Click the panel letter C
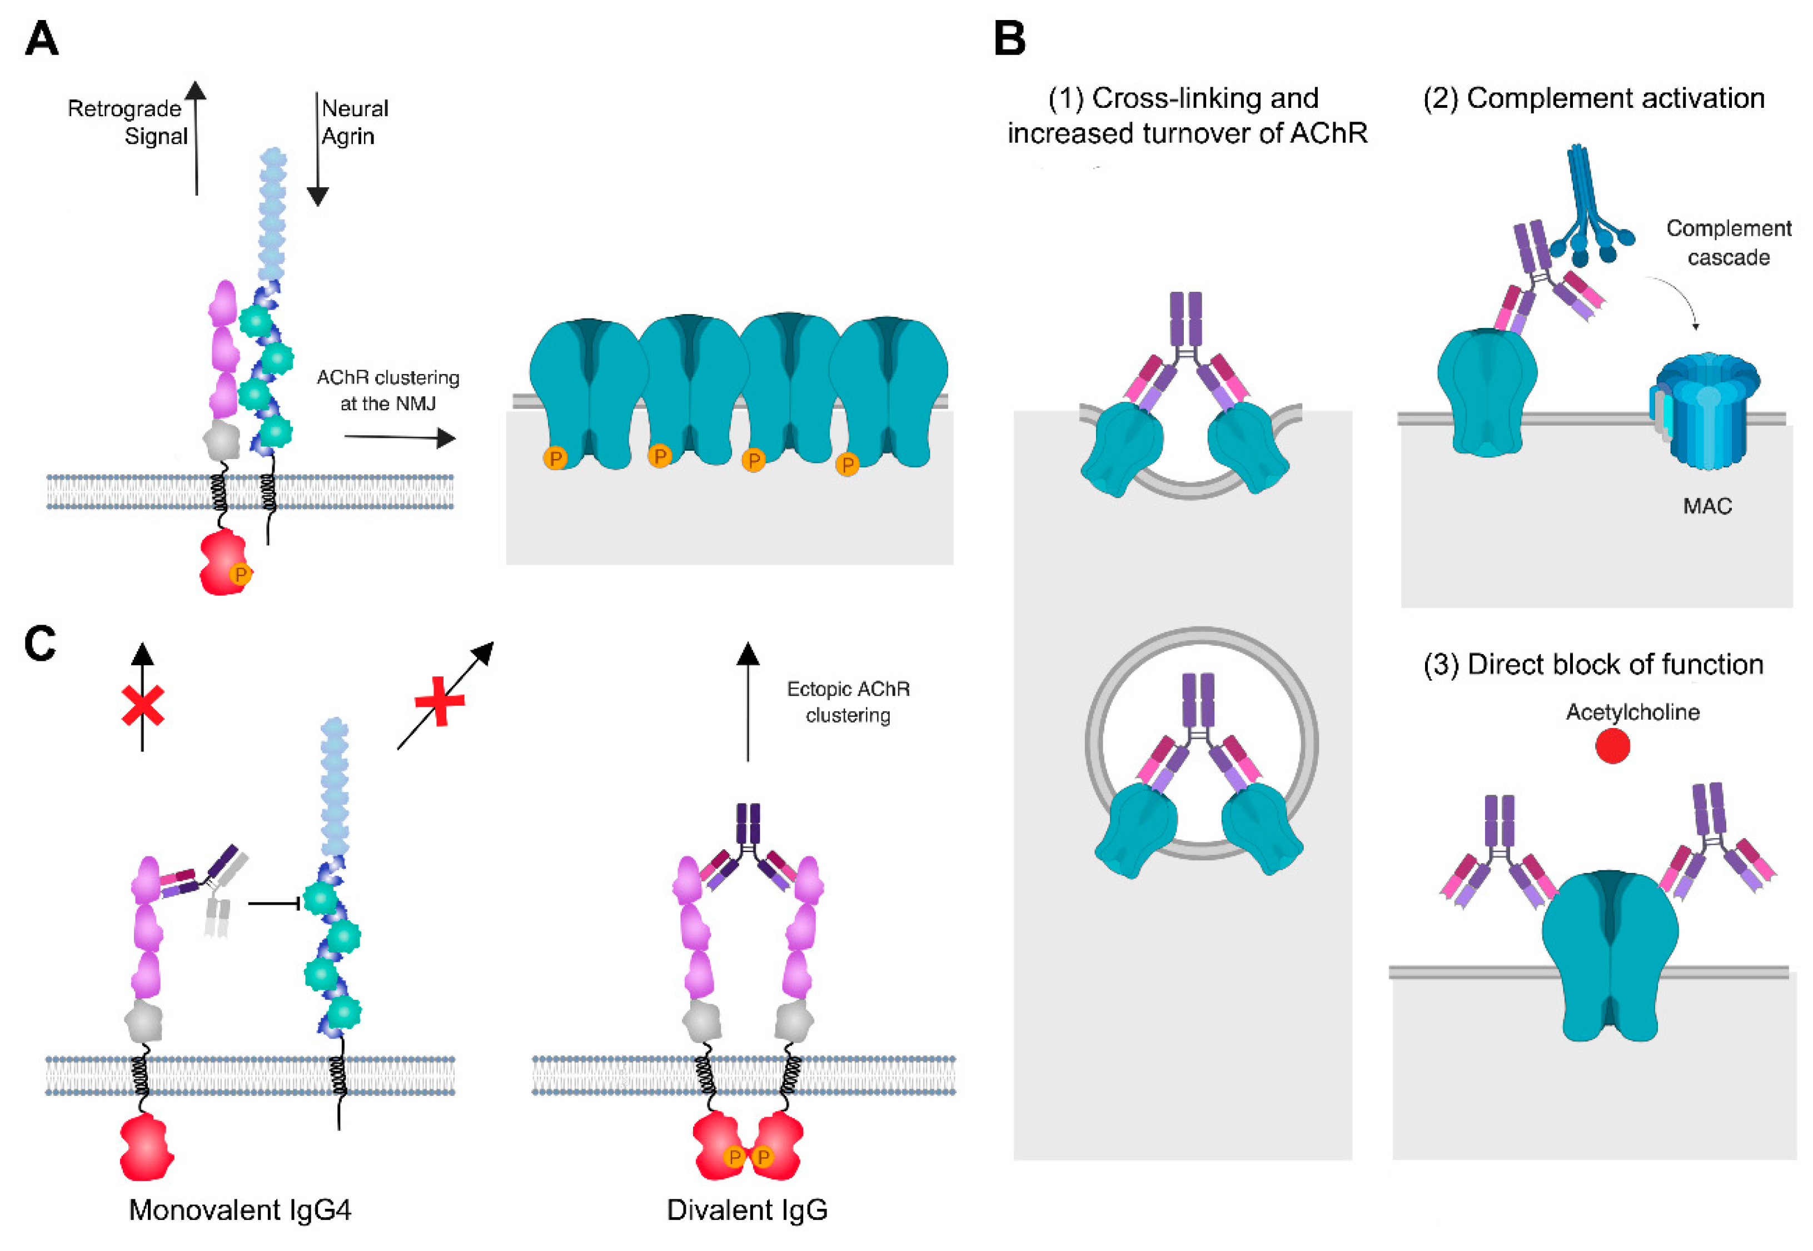(40, 644)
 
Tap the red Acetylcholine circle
(1612, 745)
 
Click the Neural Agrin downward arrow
(317, 149)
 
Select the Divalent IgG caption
(746, 1209)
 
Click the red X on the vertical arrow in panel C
(143, 705)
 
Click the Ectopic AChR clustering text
(848, 702)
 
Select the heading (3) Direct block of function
(1593, 665)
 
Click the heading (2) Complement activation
(1593, 99)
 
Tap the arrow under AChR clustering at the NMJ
(400, 437)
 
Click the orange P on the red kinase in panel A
(240, 575)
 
